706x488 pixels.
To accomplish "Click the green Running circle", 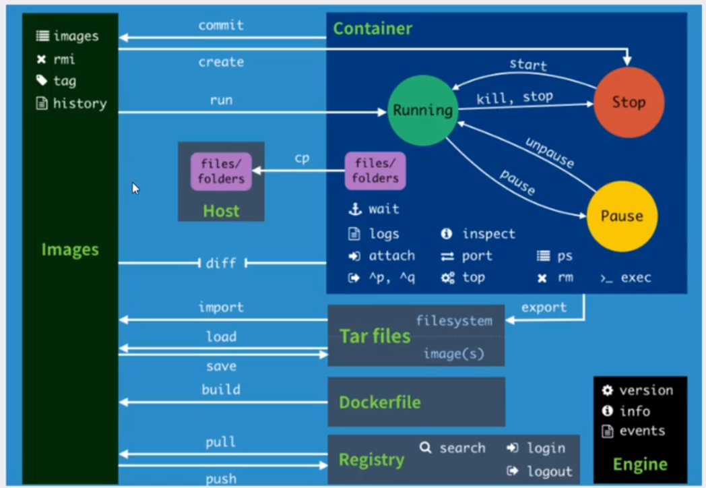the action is tap(423, 111).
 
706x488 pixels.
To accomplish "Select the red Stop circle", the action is tap(629, 102).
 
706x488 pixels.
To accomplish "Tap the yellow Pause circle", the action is tap(622, 216).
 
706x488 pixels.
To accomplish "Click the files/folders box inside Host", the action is tap(221, 171).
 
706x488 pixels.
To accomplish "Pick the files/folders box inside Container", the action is tap(375, 171).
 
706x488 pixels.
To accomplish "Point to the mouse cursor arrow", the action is tap(135, 188).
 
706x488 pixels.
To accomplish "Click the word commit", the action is tap(221, 25).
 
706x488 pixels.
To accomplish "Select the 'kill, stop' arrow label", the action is tap(515, 97).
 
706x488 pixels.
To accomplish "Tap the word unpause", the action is tap(550, 152).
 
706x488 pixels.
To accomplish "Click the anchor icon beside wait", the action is tap(355, 209).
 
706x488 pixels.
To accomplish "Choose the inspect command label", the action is tap(488, 234).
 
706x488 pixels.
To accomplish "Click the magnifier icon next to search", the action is tap(426, 448).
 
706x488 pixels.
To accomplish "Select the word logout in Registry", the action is tap(550, 471).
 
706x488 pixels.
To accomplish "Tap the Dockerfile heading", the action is tap(379, 402).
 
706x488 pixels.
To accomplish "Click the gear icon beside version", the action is tap(608, 390).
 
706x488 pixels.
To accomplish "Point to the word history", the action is tap(80, 104).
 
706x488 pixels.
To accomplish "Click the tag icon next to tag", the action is tap(41, 80).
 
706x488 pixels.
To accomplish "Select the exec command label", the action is tap(636, 278).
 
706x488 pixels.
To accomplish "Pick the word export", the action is tap(544, 308).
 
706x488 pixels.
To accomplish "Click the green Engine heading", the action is tap(640, 464).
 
